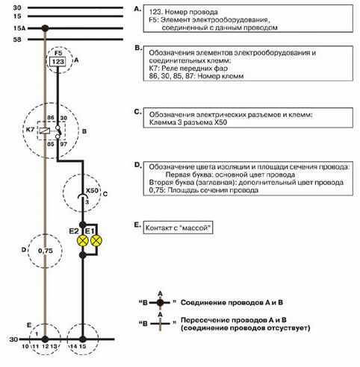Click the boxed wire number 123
pos(58,61)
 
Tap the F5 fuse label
pos(58,53)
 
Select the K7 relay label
pos(30,130)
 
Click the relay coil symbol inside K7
pos(44,131)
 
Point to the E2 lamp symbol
pos(83,240)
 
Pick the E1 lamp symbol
pos(96,240)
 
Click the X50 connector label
pos(92,190)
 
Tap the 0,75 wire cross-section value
pos(46,251)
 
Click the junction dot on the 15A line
pos(45,28)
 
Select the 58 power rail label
pos(17,40)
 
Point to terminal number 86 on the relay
pos(51,118)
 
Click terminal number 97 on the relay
pos(63,144)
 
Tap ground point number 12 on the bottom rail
pos(45,346)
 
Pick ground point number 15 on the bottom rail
pos(82,346)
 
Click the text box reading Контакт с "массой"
pos(178,228)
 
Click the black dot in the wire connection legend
pos(160,303)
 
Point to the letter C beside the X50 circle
pos(105,194)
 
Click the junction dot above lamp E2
pos(83,225)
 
